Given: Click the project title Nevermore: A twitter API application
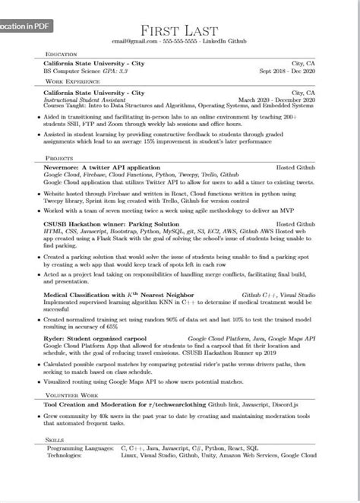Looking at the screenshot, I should click(x=103, y=166).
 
